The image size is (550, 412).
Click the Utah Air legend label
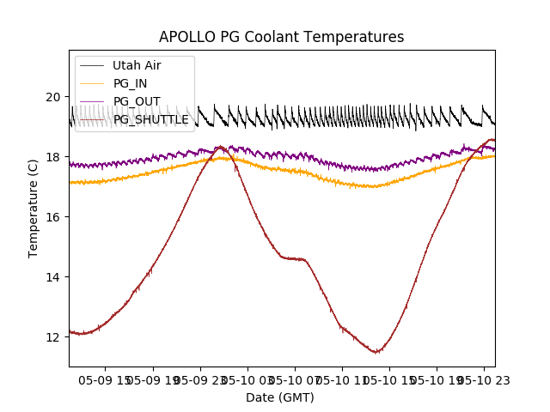click(137, 65)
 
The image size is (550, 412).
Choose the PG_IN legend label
click(130, 83)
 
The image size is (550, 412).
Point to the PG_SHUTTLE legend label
click(151, 120)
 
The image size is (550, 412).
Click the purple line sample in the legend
click(92, 102)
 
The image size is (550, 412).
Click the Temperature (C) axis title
click(34, 208)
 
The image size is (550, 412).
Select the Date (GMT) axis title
click(280, 397)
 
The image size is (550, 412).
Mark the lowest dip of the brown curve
click(376, 352)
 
